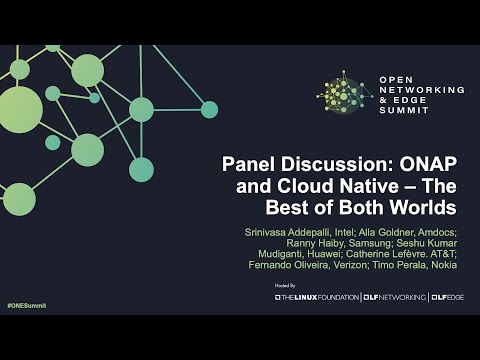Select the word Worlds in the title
[x=426, y=208]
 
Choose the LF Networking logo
[x=395, y=298]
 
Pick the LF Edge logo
[x=445, y=298]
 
